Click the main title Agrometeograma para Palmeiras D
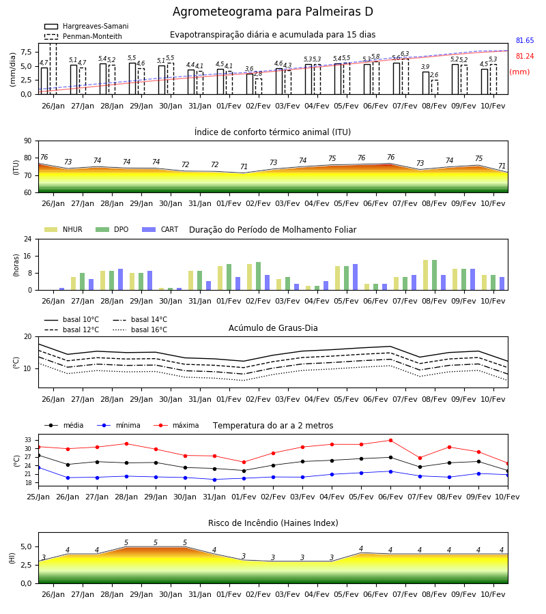pyautogui.click(x=272, y=12)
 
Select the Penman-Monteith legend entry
pyautogui.click(x=83, y=36)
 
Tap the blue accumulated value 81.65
pyautogui.click(x=525, y=40)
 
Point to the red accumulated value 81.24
pyautogui.click(x=525, y=56)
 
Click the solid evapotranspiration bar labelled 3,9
pyautogui.click(x=426, y=83)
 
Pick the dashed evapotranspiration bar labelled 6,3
pyautogui.click(x=405, y=76)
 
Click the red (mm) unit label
pyautogui.click(x=520, y=72)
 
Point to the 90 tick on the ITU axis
pyautogui.click(x=28, y=141)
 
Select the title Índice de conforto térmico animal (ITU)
pyautogui.click(x=272, y=132)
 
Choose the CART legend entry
pyautogui.click(x=160, y=229)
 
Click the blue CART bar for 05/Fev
pyautogui.click(x=356, y=277)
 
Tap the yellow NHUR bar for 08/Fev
pyautogui.click(x=425, y=275)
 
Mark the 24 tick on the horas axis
pyautogui.click(x=28, y=239)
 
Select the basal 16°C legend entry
pyautogui.click(x=140, y=330)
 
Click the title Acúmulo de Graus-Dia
pyautogui.click(x=273, y=327)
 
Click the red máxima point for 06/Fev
pyautogui.click(x=390, y=441)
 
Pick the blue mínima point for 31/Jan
pyautogui.click(x=214, y=480)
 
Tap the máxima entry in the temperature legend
pyautogui.click(x=177, y=425)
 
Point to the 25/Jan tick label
pyautogui.click(x=38, y=497)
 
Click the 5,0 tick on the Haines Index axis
pyautogui.click(x=26, y=546)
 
